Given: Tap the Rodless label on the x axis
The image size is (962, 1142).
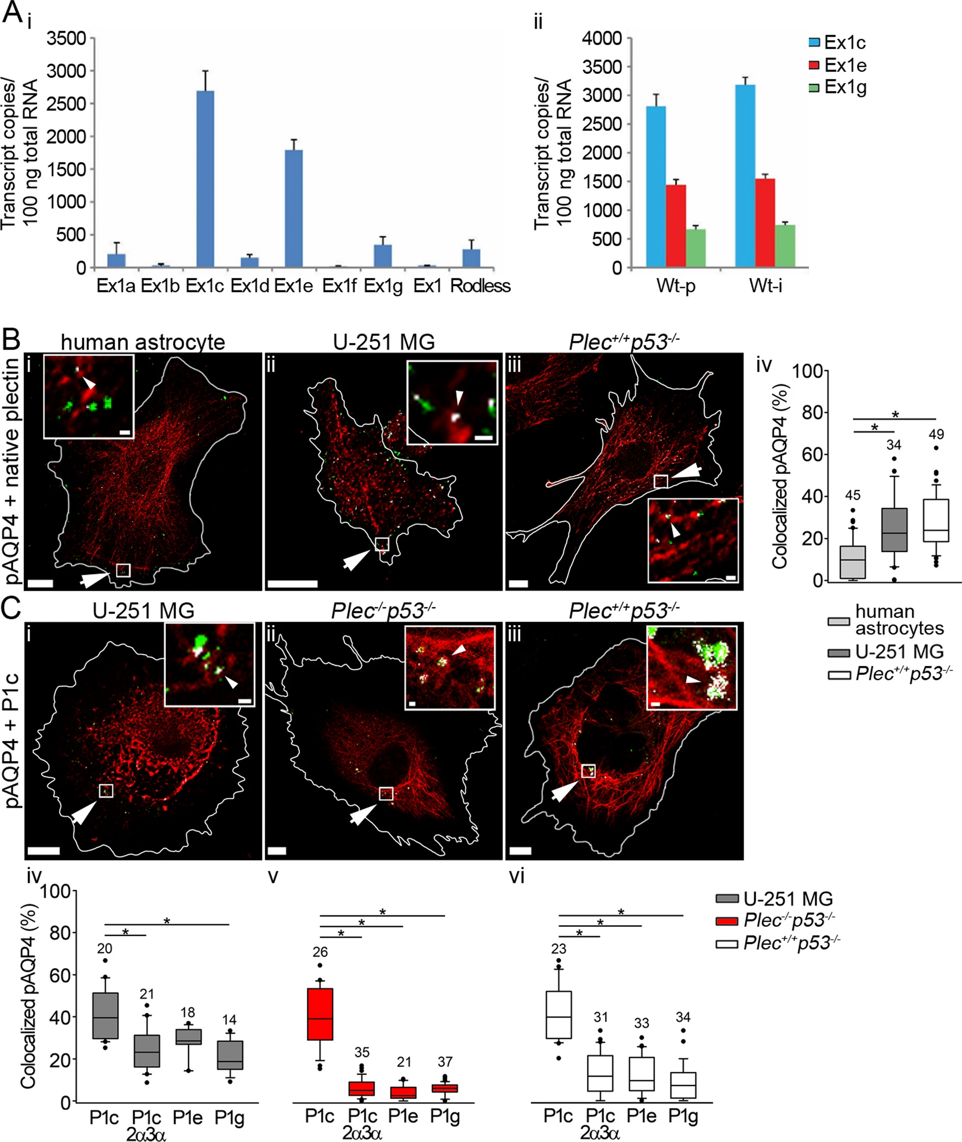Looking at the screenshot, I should [480, 286].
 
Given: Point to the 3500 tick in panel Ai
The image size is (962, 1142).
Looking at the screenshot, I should [66, 39].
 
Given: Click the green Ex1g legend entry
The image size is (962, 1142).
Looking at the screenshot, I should [837, 88].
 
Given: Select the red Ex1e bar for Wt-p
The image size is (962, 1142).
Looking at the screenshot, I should [676, 226].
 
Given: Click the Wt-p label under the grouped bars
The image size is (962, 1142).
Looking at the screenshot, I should [676, 286].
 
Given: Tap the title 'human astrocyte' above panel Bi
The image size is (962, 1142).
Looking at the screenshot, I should [143, 342].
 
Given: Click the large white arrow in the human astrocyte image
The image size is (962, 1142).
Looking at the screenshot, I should [94, 579].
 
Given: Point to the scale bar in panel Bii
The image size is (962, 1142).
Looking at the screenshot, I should [293, 584].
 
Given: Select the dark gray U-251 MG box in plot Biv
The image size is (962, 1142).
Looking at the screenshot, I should [894, 530].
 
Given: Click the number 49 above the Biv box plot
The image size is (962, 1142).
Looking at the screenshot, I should [936, 435].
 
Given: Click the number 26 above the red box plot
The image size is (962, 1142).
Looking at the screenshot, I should [320, 952].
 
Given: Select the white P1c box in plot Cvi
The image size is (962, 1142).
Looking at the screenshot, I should [558, 1014].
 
